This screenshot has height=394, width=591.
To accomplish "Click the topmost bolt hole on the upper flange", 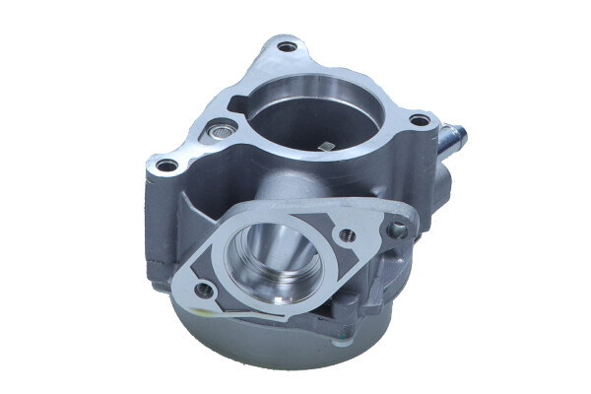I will (287, 46).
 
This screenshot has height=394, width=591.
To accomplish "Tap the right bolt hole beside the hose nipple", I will (419, 120).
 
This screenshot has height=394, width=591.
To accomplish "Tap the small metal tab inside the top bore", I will (328, 147).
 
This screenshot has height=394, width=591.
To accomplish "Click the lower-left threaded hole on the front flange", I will (203, 290).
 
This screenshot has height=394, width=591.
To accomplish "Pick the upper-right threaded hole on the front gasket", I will (347, 235).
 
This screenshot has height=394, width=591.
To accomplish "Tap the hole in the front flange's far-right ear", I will (398, 230).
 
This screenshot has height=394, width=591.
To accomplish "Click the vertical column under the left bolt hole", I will (158, 227).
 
